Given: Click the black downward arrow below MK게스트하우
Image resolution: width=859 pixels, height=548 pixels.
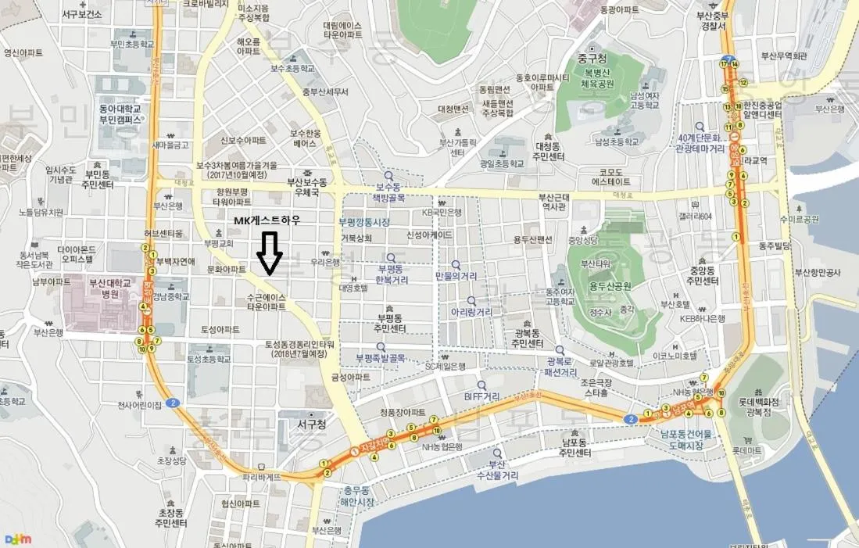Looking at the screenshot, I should pyautogui.click(x=270, y=253).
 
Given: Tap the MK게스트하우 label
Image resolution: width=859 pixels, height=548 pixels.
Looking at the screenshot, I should pyautogui.click(x=268, y=221).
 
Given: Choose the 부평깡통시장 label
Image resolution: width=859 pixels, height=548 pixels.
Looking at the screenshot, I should pyautogui.click(x=363, y=222).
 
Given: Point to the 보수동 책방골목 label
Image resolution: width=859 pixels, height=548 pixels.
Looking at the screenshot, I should pyautogui.click(x=388, y=192).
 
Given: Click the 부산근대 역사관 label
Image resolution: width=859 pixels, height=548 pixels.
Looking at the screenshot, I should pyautogui.click(x=552, y=202).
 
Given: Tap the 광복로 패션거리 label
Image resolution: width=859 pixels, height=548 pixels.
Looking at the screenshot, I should pyautogui.click(x=562, y=367).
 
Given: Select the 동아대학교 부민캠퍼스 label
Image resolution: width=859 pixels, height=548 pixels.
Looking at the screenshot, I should pyautogui.click(x=120, y=114).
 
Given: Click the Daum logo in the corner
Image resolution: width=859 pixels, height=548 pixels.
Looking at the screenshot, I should pyautogui.click(x=18, y=539).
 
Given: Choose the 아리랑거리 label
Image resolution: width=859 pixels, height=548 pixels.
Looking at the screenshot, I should pyautogui.click(x=471, y=311).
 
